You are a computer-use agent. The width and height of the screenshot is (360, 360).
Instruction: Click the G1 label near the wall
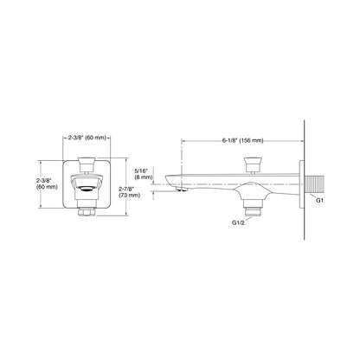coord(319,200)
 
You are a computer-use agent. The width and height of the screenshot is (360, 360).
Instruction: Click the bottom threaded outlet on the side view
coord(254,208)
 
